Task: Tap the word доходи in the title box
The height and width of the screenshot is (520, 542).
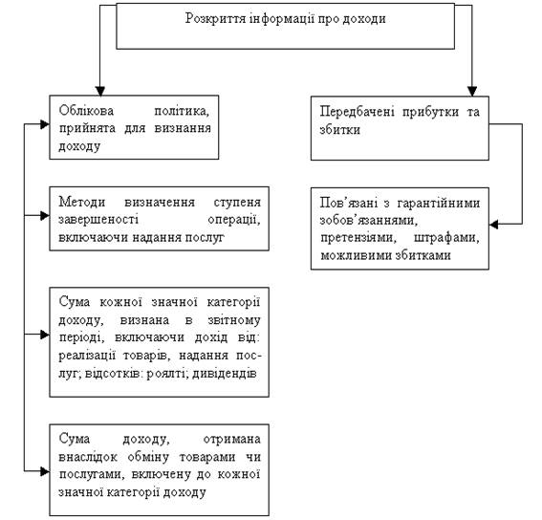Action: point(364,19)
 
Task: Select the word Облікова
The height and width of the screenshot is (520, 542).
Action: point(86,111)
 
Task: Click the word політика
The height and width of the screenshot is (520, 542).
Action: point(183,111)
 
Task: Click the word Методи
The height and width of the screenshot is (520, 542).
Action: point(82,202)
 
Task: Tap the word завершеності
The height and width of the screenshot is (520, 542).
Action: point(98,220)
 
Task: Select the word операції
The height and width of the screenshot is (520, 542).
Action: point(234,220)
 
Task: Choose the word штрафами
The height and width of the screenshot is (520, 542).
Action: point(446,238)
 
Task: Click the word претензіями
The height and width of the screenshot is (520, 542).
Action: point(358,238)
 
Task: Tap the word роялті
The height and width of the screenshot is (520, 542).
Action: point(166,374)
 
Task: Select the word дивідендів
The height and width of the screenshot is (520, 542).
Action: point(225,374)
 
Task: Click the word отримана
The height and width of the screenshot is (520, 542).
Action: point(232,439)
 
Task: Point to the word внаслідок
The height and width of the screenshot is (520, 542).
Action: point(88,457)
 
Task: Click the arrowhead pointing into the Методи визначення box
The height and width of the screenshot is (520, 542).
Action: point(45,216)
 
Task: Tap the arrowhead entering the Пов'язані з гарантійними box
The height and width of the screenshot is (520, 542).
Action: point(493,225)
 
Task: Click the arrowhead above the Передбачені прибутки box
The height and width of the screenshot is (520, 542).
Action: point(472,91)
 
